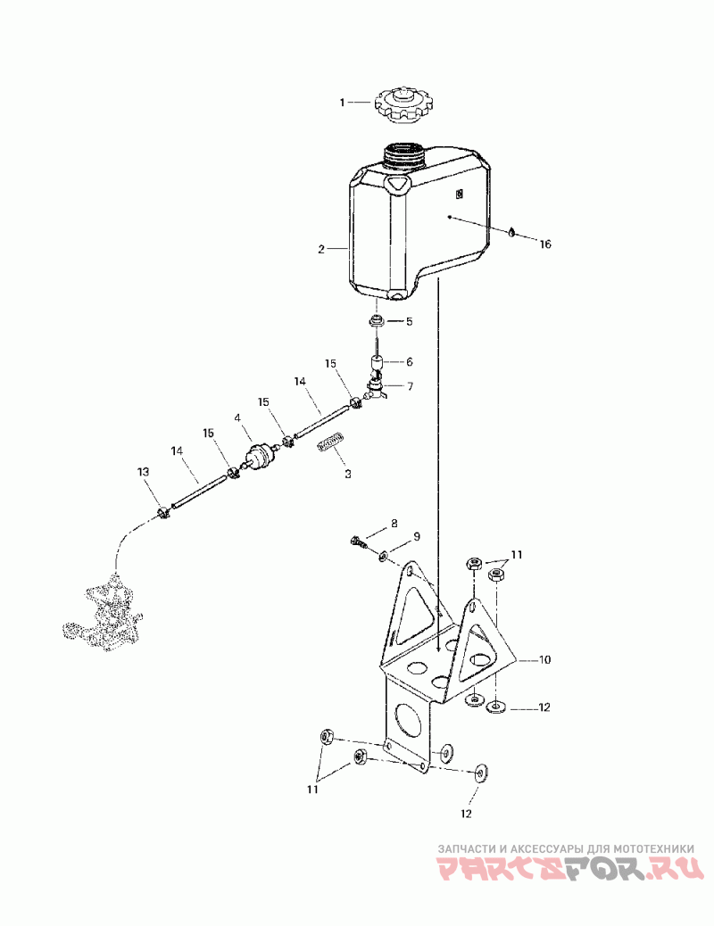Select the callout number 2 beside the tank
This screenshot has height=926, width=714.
point(321,250)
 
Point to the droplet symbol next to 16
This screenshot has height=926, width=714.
point(511,232)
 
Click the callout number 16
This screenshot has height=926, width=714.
point(545,244)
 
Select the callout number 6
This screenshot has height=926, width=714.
point(410,362)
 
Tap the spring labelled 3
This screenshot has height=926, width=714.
point(332,443)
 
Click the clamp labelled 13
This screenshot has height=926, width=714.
point(163,514)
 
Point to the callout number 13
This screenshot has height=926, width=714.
point(143,471)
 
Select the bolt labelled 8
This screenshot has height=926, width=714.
point(358,541)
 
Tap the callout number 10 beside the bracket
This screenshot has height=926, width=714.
point(544,661)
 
